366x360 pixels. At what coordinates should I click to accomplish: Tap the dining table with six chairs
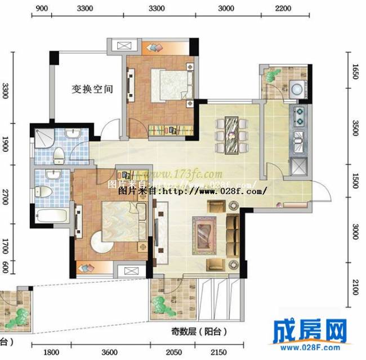[x=231, y=134]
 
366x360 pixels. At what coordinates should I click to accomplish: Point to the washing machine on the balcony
[x=296, y=88]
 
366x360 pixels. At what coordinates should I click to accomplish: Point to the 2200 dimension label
[x=283, y=8]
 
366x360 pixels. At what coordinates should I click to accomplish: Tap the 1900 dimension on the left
[x=5, y=142]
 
